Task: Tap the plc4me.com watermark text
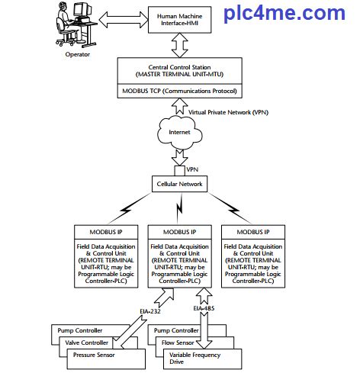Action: point(284,13)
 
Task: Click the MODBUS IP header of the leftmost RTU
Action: point(104,231)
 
